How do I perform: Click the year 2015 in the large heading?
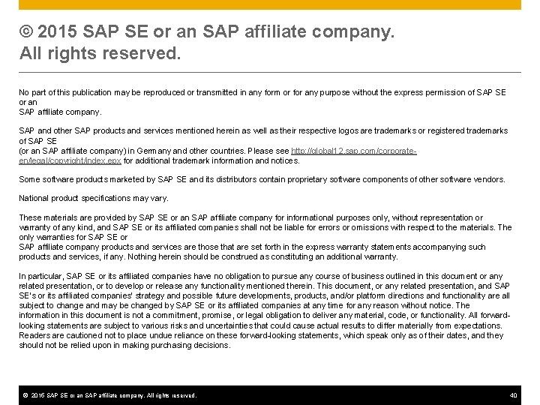click(58, 34)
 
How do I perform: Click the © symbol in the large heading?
click(27, 34)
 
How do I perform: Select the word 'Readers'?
click(34, 334)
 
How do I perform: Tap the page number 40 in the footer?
click(513, 394)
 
